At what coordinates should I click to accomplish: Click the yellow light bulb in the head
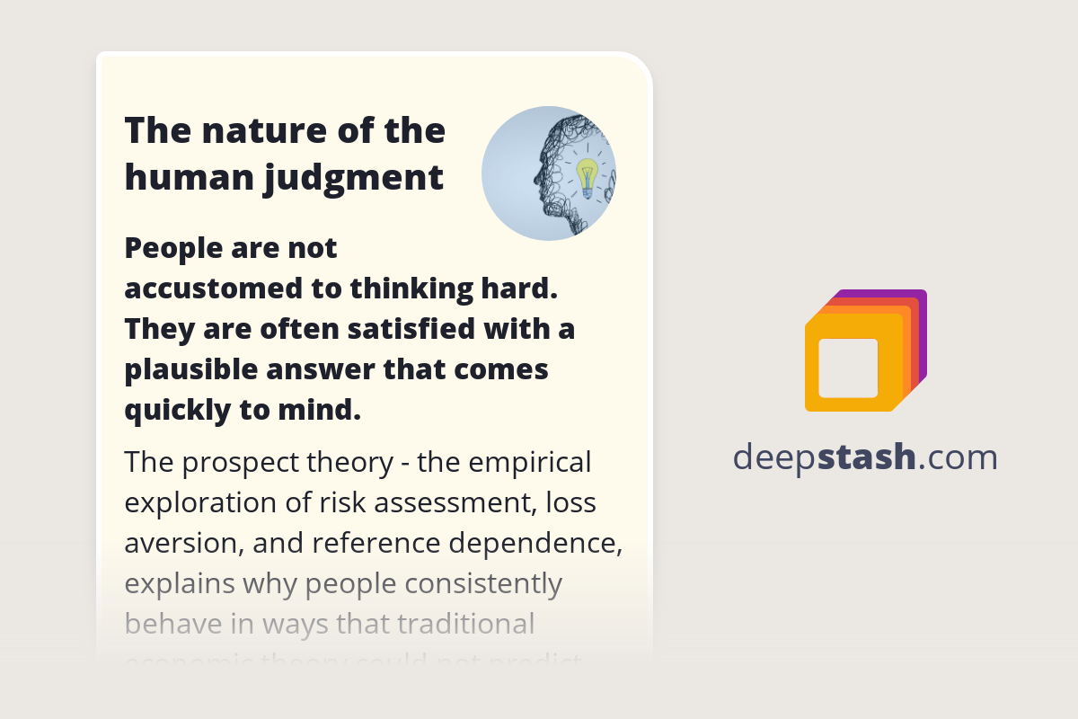pos(587,174)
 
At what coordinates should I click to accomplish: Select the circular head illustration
pos(548,173)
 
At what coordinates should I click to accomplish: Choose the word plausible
pos(185,369)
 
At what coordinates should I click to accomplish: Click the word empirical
pos(529,463)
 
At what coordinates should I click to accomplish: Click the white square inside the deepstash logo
pos(848,368)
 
